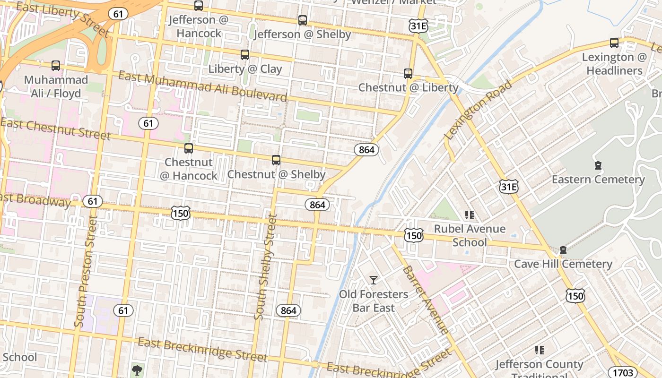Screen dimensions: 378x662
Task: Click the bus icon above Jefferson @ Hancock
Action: click(x=199, y=6)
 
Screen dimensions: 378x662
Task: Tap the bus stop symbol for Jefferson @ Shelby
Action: click(x=303, y=20)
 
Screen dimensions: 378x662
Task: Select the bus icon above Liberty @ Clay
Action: click(x=245, y=55)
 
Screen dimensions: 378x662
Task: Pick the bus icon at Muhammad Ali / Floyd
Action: click(x=56, y=66)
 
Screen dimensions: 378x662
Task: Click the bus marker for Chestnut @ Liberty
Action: click(x=408, y=74)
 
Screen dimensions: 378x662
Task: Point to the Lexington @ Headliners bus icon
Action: click(x=614, y=43)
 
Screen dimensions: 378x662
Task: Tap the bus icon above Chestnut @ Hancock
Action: click(x=189, y=148)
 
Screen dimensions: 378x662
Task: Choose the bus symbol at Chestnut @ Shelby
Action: click(x=276, y=160)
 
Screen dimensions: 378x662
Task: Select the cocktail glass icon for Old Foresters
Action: click(x=374, y=280)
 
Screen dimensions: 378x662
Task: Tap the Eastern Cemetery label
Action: click(x=598, y=180)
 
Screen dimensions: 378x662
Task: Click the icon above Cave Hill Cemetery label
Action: click(x=563, y=250)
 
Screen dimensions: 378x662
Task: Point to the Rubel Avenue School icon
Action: click(x=470, y=215)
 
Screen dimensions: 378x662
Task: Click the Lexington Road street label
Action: click(x=478, y=110)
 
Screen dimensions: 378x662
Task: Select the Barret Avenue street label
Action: click(x=425, y=300)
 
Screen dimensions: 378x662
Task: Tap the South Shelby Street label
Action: click(x=265, y=267)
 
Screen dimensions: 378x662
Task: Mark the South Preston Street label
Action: click(x=85, y=272)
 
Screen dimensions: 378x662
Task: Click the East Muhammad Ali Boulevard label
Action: click(x=202, y=86)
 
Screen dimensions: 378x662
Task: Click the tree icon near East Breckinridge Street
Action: click(x=137, y=369)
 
